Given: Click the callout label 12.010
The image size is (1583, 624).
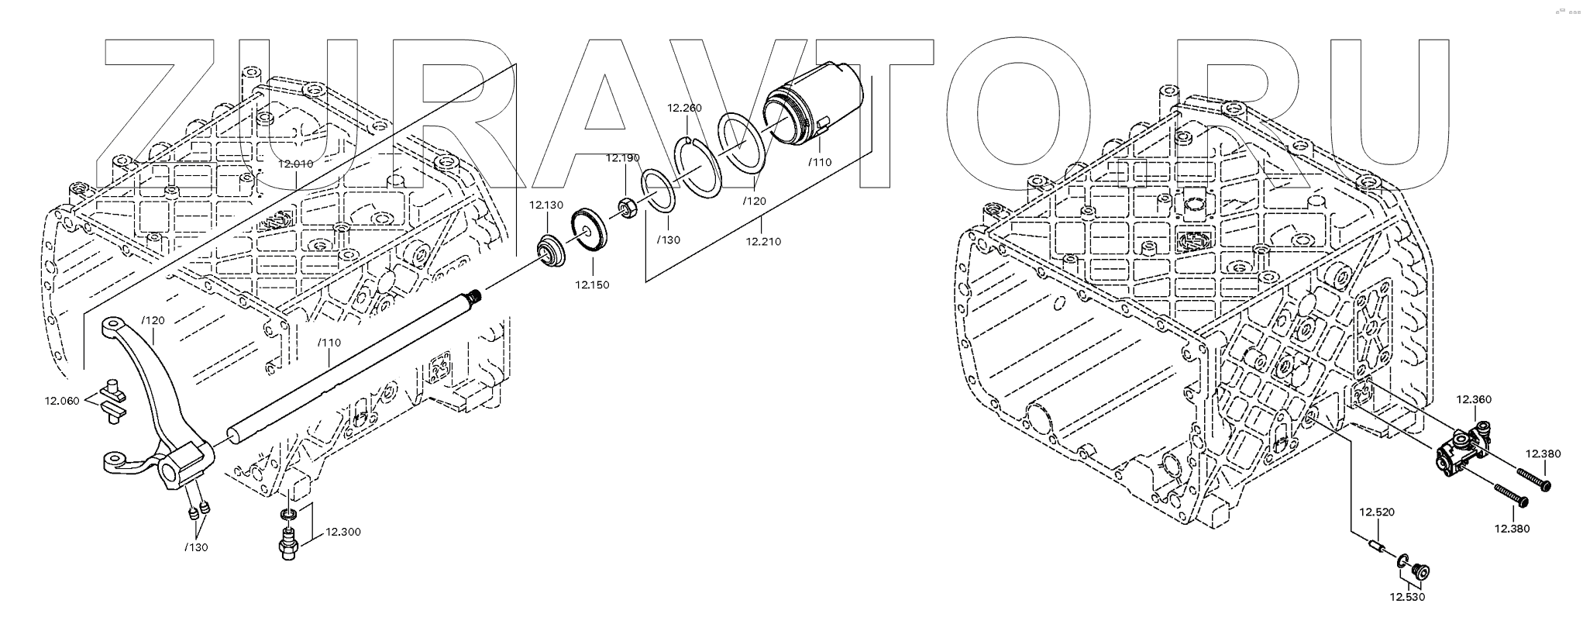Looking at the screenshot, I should click(295, 164).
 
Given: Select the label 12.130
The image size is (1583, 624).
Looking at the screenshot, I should click(546, 205).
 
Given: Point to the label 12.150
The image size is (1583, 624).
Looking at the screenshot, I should click(592, 284).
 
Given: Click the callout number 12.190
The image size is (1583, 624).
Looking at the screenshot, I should click(623, 158).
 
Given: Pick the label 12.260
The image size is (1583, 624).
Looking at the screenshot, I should click(685, 108).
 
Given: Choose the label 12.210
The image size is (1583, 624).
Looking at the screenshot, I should click(763, 241).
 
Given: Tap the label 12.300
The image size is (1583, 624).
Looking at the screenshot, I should click(342, 532).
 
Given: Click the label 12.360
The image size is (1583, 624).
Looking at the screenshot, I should click(1474, 400).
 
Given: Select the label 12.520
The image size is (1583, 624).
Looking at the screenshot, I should click(1376, 512).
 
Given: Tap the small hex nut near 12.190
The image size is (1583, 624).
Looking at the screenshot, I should click(627, 208).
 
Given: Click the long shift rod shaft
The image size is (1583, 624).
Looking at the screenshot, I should click(349, 364).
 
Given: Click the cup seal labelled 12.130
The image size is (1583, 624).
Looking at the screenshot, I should click(551, 253).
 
